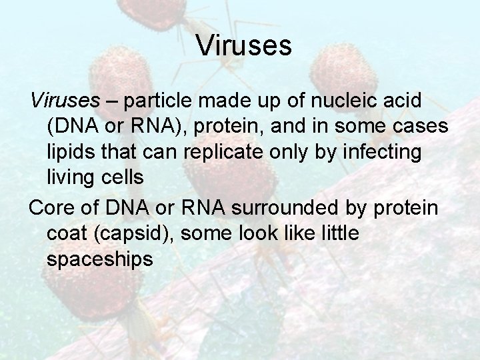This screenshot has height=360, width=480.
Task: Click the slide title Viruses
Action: tap(244, 46)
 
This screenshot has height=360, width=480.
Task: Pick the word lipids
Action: tap(72, 153)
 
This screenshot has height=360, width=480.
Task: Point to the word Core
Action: tap(55, 209)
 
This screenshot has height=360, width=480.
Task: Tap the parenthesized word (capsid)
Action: tap(143, 233)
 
